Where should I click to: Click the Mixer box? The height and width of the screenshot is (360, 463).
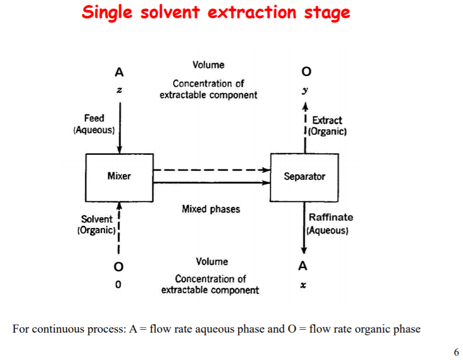click(x=119, y=176)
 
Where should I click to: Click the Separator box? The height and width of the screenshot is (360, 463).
click(x=304, y=176)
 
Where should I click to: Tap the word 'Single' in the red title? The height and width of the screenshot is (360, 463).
click(x=108, y=12)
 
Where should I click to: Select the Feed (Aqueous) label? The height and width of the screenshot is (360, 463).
click(x=94, y=124)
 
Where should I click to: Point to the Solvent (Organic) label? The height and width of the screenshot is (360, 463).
click(x=97, y=224)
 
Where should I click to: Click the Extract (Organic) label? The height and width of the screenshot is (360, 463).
click(x=326, y=126)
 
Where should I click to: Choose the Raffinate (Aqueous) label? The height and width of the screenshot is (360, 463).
click(x=331, y=223)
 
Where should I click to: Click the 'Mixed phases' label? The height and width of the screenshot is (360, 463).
click(x=211, y=209)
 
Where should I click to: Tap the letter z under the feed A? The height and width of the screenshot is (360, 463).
click(x=119, y=89)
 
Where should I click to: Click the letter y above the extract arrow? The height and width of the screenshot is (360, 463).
click(x=305, y=89)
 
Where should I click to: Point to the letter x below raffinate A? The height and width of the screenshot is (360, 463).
click(x=304, y=285)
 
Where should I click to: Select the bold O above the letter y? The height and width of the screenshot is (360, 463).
click(x=305, y=72)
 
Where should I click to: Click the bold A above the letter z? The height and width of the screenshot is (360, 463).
click(x=119, y=72)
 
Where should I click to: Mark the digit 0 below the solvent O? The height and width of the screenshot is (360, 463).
click(x=118, y=285)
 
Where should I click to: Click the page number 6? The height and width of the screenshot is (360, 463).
click(x=456, y=352)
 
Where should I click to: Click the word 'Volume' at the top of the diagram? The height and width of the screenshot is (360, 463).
click(x=208, y=65)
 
